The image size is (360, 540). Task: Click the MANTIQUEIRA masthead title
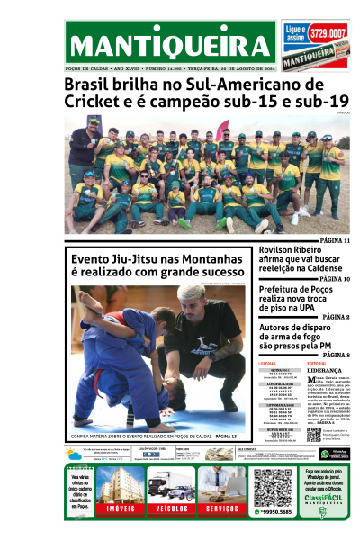171,46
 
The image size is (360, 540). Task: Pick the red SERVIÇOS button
220,508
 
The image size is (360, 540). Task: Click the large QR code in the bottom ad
272,487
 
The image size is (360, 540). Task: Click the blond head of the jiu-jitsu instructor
191,294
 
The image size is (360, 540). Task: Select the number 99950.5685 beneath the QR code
272,512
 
